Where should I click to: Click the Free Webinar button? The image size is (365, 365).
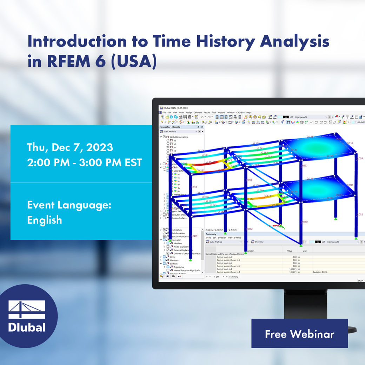pyautogui.click(x=299, y=334)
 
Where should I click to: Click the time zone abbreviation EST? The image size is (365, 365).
pyautogui.click(x=133, y=163)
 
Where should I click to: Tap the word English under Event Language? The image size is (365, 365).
pyautogui.click(x=45, y=220)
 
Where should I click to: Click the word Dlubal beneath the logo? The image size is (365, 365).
pyautogui.click(x=27, y=327)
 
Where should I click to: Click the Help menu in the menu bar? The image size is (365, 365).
pyautogui.click(x=248, y=112)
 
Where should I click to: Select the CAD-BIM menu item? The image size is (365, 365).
pyautogui.click(x=240, y=112)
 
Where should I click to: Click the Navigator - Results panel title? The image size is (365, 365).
pyautogui.click(x=170, y=127)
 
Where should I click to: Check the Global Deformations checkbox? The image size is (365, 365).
pyautogui.click(x=164, y=137)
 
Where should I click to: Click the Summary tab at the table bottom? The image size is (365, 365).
pyautogui.click(x=234, y=277)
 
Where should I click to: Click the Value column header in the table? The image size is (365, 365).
pyautogui.click(x=290, y=251)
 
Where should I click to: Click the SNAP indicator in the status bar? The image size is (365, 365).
pyautogui.click(x=360, y=280)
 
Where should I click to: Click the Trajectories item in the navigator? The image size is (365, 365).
pyautogui.click(x=179, y=267)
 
